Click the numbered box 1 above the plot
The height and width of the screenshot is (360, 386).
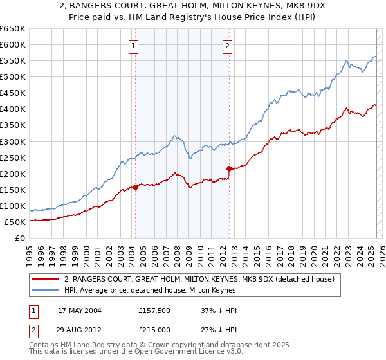(133, 46)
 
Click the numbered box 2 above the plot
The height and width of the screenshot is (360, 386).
(228, 46)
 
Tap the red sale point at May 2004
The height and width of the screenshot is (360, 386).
(136, 187)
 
